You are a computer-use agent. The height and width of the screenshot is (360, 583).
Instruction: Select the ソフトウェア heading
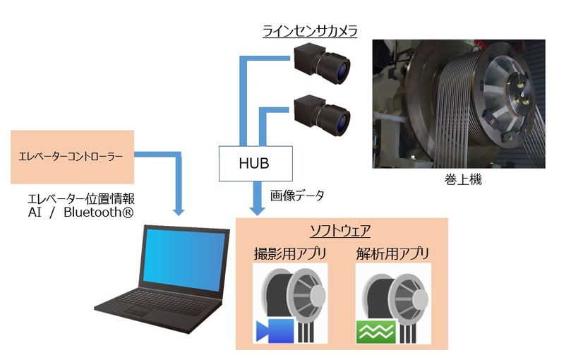coord(341,230)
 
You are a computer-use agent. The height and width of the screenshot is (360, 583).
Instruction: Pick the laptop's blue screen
coord(184,260)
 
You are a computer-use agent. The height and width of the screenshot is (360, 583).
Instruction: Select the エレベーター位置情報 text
coord(77,198)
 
